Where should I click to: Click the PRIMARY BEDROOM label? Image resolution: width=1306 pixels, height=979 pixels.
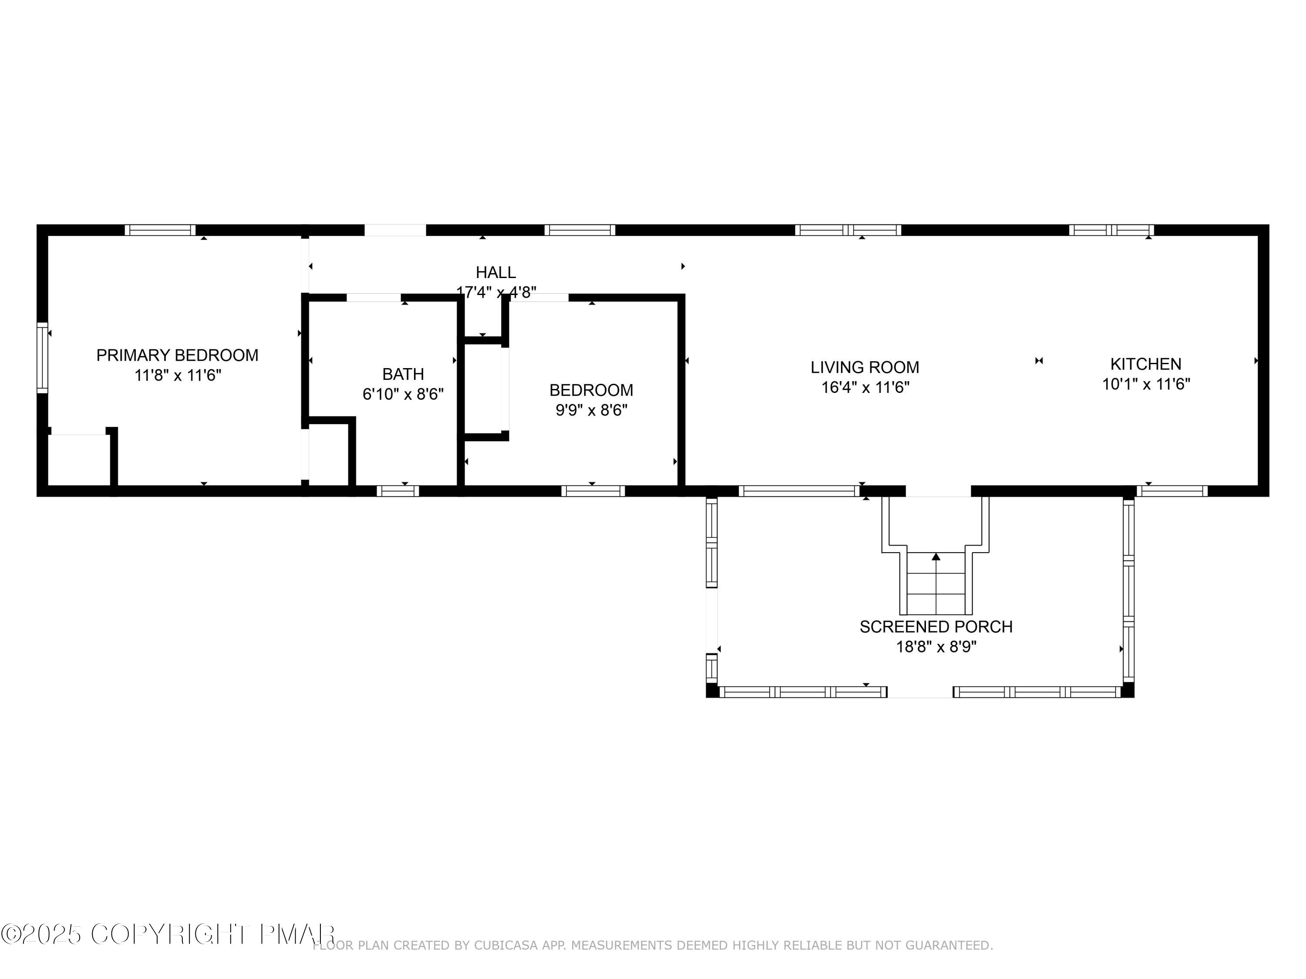[177, 355]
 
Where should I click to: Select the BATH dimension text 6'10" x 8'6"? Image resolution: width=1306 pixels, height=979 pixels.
[403, 394]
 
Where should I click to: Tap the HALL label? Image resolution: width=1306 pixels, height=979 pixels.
[495, 273]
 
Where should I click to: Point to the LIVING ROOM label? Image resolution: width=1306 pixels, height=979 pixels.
[865, 368]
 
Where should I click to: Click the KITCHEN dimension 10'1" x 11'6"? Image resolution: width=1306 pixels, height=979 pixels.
[1145, 385]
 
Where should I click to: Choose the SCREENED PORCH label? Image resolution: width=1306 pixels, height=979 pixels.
[936, 627]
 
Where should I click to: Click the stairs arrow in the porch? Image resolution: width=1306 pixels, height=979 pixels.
[936, 557]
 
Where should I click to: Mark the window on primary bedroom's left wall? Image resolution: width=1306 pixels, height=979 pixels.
[42, 358]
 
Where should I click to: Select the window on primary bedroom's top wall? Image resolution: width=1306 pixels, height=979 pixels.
[160, 230]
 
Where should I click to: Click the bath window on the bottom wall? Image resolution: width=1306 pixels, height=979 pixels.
[398, 491]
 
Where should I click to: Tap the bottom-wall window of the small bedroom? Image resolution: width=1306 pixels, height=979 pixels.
[593, 491]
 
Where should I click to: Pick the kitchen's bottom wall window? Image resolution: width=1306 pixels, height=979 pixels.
[1172, 491]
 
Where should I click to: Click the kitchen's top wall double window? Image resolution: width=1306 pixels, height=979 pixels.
[1111, 230]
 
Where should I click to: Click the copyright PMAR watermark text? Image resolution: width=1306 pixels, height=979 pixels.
[168, 934]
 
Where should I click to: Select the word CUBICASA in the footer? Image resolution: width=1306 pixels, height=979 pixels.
[505, 945]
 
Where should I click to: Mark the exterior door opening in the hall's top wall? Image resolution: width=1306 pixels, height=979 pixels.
[395, 230]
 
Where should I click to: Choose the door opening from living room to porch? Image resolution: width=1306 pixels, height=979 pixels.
[938, 491]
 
